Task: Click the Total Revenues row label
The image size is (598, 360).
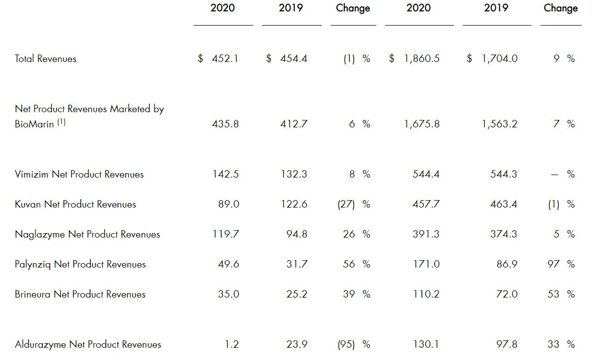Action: tap(45, 59)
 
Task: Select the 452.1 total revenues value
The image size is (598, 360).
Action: tap(225, 59)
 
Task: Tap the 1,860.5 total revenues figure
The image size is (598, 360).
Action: tap(422, 59)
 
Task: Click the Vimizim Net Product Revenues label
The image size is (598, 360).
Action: tap(79, 174)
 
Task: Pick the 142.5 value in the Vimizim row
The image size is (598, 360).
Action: tap(226, 174)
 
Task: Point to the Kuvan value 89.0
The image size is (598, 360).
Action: tap(229, 204)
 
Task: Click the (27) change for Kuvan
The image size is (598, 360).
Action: tap(346, 204)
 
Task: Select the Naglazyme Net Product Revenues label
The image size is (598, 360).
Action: tap(88, 234)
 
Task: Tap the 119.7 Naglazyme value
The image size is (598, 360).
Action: tap(226, 234)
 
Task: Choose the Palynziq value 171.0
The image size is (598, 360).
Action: tap(426, 264)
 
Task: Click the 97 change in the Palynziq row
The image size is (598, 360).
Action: tap(553, 264)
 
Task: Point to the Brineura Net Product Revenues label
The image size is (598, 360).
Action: tap(80, 294)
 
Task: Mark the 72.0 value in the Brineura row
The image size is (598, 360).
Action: tap(507, 294)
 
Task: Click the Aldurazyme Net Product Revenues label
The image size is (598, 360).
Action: tap(88, 345)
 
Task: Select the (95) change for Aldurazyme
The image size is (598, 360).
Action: tap(346, 345)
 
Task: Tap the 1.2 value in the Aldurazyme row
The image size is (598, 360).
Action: tap(232, 344)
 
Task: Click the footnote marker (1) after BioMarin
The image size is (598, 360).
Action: tap(61, 122)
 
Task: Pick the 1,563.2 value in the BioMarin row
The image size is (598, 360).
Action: tap(500, 124)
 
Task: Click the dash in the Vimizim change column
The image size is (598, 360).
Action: tap(555, 175)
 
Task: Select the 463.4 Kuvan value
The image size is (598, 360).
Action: tap(504, 204)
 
